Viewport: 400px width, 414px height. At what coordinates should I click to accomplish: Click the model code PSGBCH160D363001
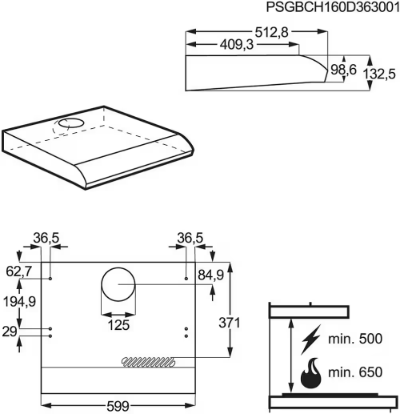333,7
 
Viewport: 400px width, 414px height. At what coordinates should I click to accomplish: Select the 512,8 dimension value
271,32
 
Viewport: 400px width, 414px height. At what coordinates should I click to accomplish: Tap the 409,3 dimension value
237,45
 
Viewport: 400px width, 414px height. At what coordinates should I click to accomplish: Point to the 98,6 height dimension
343,70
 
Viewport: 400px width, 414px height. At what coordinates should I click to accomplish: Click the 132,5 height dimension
379,74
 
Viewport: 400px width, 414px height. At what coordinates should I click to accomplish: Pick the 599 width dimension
118,406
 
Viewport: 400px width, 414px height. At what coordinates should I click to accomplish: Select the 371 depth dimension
230,323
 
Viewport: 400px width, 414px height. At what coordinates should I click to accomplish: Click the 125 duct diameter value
118,325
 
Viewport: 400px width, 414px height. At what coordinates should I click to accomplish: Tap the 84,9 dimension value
210,275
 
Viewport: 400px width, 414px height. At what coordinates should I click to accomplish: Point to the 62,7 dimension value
18,271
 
